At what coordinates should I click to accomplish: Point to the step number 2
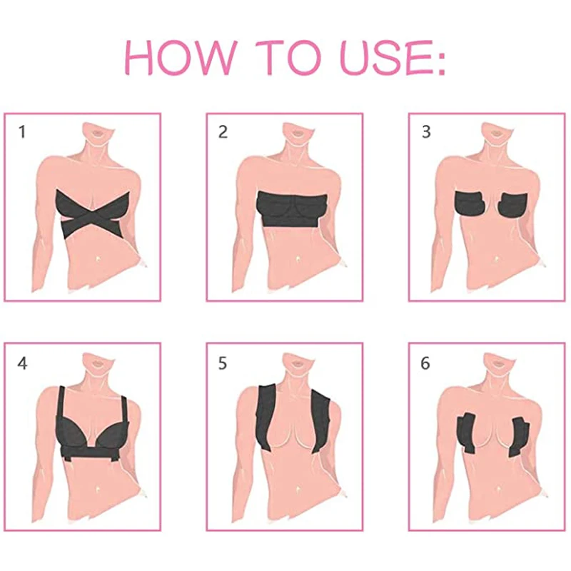223,132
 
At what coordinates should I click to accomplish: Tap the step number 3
426,132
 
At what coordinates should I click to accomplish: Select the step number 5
223,363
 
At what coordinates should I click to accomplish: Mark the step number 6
426,363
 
